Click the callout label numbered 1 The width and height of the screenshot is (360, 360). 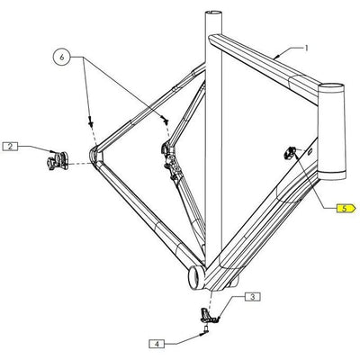pos(306,47)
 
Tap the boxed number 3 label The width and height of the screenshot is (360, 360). pos(252,295)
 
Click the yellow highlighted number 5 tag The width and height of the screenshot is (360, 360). pos(345,209)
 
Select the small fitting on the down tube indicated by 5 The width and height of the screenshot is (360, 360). pos(290,154)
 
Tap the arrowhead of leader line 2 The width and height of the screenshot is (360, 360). pos(51,153)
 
